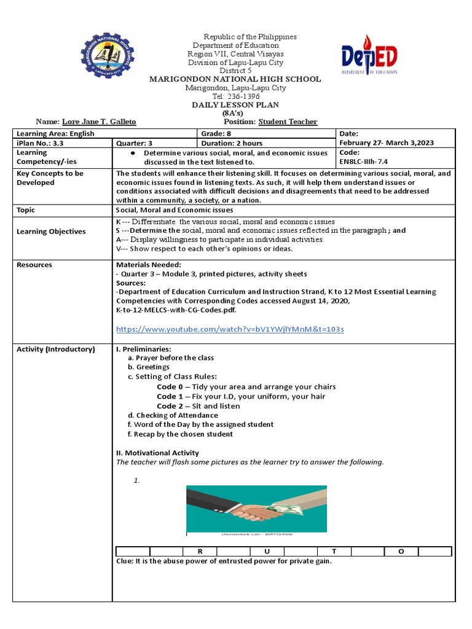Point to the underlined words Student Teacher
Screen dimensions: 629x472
[x=288, y=122]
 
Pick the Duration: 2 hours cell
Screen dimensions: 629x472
[x=227, y=143]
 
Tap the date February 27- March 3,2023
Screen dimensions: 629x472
[x=386, y=143]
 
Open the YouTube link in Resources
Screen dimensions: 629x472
[x=230, y=329]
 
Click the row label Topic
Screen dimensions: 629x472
[x=26, y=209]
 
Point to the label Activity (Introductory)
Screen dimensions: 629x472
[x=56, y=349]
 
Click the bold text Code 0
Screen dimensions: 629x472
[x=170, y=387]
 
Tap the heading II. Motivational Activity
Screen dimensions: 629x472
[x=157, y=453]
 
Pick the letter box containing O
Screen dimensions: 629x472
[x=401, y=552]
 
